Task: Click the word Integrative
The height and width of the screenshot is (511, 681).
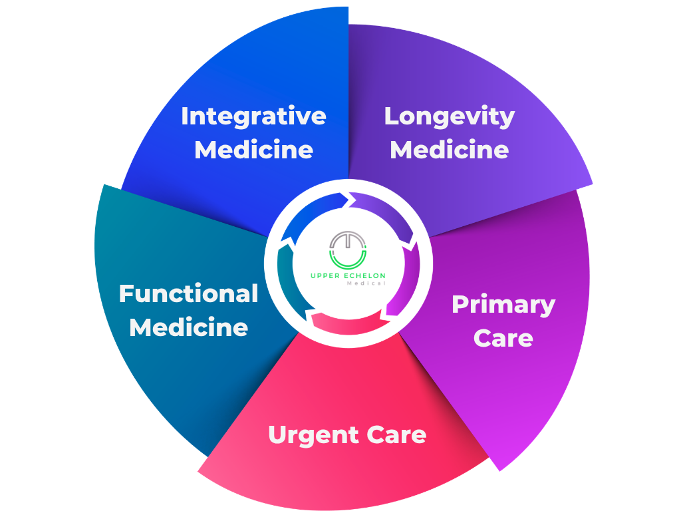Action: click(x=253, y=116)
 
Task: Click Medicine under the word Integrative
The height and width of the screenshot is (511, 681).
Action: click(x=253, y=150)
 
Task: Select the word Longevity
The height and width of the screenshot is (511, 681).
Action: click(x=450, y=117)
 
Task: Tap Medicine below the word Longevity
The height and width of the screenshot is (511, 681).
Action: click(x=450, y=150)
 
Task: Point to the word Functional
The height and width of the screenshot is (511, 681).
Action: click(x=188, y=293)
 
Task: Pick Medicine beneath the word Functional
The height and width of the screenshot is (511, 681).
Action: click(x=188, y=327)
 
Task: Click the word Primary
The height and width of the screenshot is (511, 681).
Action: click(x=503, y=305)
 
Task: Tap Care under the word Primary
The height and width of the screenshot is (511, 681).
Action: click(x=503, y=338)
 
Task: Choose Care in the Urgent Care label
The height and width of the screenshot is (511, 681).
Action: click(x=396, y=435)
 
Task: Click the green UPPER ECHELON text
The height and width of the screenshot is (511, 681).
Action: click(x=348, y=275)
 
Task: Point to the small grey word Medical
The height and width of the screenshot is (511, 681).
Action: click(x=366, y=283)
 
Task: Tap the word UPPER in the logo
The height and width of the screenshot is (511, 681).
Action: click(x=323, y=275)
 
